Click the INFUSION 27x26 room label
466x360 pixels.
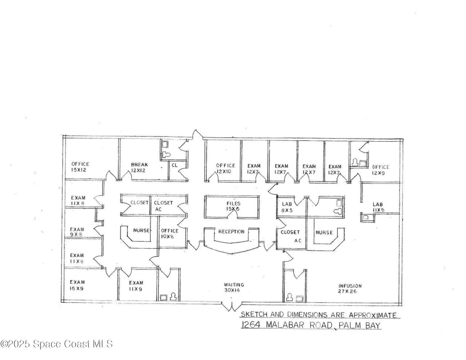click(350, 289)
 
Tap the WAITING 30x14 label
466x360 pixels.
click(234, 288)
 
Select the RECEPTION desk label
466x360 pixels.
click(231, 232)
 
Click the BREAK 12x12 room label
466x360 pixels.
click(139, 167)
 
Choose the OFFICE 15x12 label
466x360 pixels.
click(80, 167)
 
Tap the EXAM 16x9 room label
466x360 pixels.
click(78, 285)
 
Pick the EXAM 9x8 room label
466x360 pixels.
click(77, 232)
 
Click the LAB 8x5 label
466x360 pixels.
click(287, 207)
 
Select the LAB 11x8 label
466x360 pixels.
click(378, 207)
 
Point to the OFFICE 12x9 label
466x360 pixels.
click(380, 170)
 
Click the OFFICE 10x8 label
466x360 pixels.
click(170, 233)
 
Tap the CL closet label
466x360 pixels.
click(175, 165)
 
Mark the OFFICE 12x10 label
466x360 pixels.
click(225, 169)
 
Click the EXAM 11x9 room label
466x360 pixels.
click(136, 286)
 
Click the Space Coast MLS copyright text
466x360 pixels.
click(56, 344)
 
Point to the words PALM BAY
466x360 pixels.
click(360, 325)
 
